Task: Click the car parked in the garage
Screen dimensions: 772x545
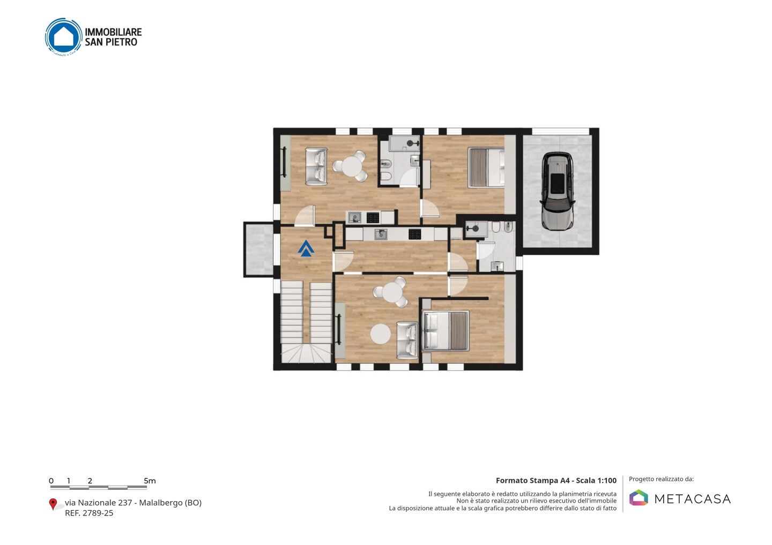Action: tap(558, 191)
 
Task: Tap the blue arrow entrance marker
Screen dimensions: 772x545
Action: tap(306, 248)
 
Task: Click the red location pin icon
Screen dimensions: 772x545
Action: tap(53, 504)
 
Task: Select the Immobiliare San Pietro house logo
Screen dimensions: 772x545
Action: tap(63, 37)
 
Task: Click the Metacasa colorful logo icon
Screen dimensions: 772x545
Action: tap(639, 497)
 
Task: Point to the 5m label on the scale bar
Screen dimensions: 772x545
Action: tap(150, 481)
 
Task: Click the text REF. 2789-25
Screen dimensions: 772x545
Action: tap(89, 513)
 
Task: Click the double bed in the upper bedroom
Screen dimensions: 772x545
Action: tap(486, 168)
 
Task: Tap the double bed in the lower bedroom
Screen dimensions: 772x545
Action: tap(446, 331)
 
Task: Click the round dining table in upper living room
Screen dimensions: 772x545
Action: tap(351, 166)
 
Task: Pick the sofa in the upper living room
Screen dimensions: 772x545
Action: tap(316, 166)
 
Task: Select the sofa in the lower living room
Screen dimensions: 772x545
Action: tap(407, 340)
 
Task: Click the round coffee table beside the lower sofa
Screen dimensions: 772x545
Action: tap(381, 334)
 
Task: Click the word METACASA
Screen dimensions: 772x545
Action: tap(693, 499)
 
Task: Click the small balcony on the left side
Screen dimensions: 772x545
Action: tap(259, 249)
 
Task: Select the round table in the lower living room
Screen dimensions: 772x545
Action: tap(392, 292)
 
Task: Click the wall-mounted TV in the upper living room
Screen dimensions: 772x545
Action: tap(285, 162)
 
